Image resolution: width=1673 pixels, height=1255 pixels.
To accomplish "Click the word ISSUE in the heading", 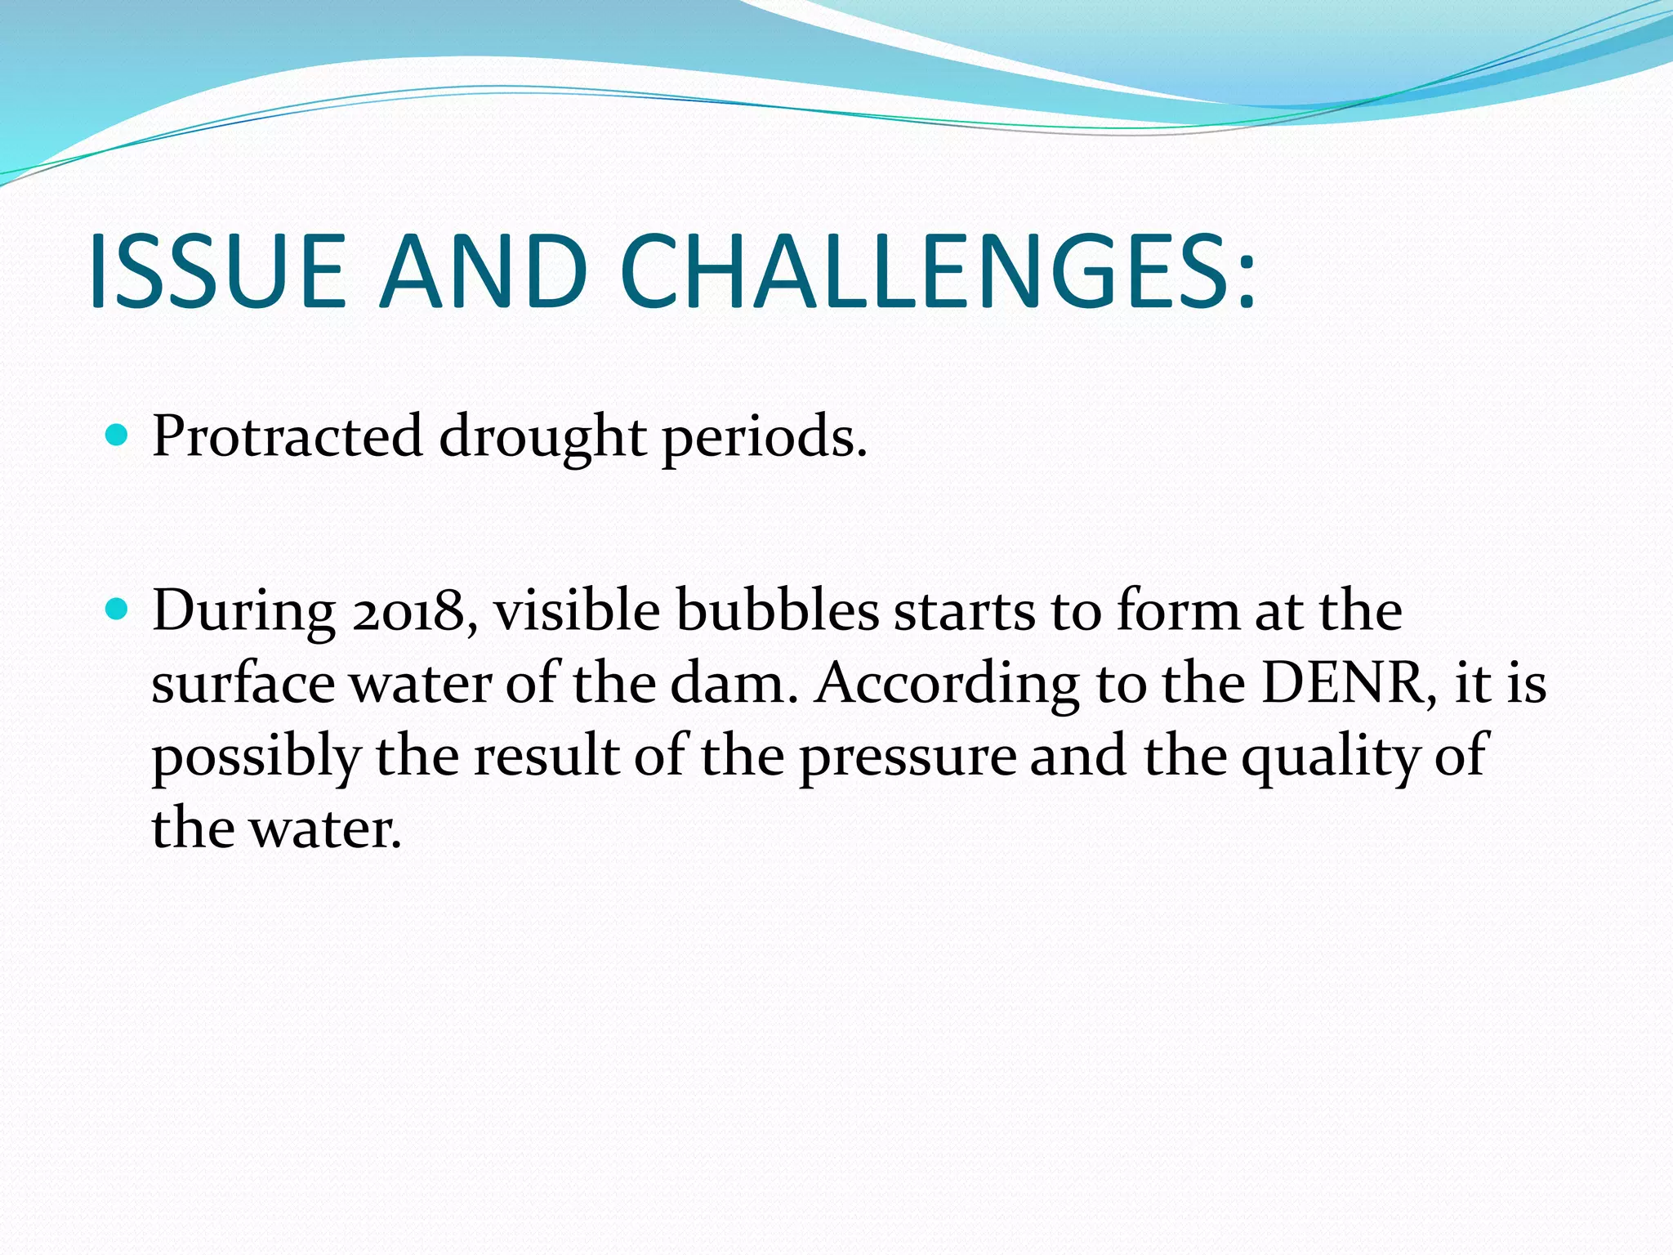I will point(217,272).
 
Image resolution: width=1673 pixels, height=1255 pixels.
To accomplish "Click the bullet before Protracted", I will point(118,435).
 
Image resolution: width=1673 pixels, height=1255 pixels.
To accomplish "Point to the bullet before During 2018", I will point(118,610).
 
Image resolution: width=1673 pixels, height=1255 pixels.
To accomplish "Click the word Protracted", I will point(287,436).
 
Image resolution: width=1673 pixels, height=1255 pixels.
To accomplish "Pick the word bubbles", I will point(778,611).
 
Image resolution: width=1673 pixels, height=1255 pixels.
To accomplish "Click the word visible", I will point(577,611).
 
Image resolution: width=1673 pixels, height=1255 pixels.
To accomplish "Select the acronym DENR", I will point(1348,683).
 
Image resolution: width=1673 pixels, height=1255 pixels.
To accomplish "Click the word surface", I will point(243,683).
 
